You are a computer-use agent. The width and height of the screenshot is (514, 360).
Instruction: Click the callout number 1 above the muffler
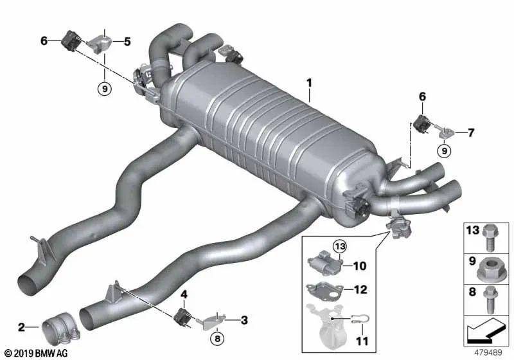(x=309, y=83)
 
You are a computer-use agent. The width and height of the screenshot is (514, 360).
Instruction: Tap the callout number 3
(x=244, y=320)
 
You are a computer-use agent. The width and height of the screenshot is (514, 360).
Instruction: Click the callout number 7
(x=471, y=133)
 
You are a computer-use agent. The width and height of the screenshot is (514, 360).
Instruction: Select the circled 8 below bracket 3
(x=217, y=338)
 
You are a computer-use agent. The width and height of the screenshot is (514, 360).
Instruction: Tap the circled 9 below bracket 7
(x=444, y=151)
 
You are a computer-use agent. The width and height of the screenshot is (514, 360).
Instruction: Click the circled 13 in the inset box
(x=340, y=246)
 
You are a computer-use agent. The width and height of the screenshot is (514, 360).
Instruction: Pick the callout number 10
(x=360, y=266)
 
